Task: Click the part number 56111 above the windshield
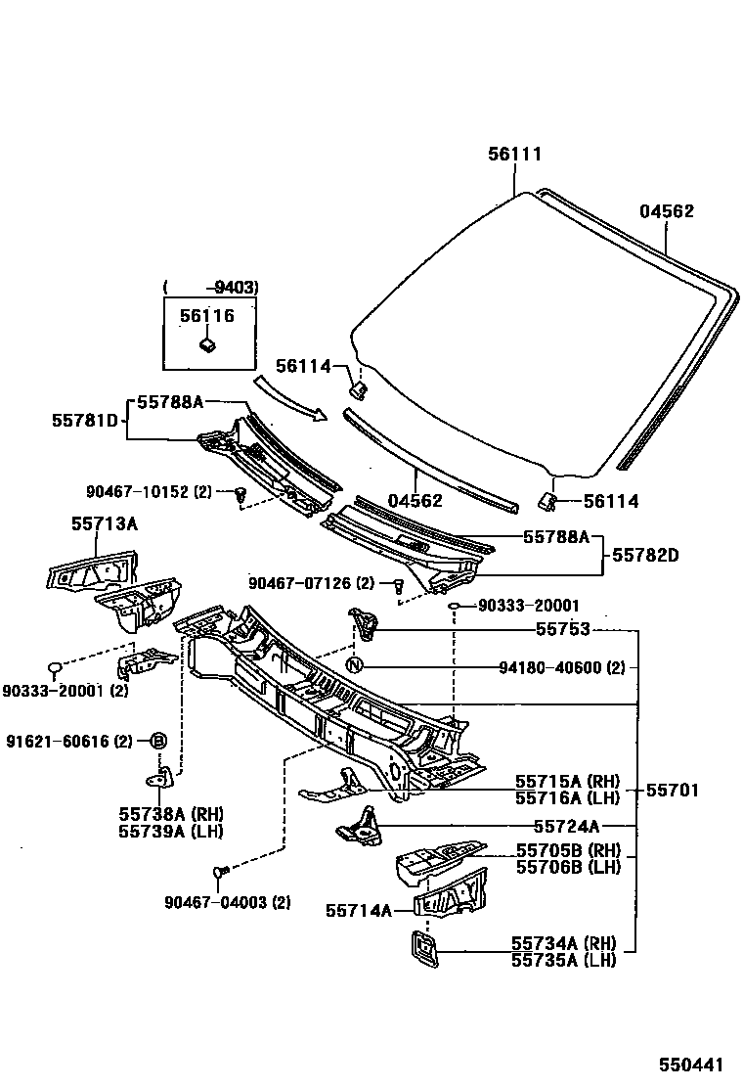click(514, 154)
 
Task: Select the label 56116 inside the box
click(206, 316)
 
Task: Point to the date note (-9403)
click(210, 288)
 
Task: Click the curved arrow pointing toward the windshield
click(288, 397)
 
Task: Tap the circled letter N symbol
click(356, 666)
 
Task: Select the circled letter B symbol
click(157, 741)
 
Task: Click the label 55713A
click(104, 524)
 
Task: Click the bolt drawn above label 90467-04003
click(220, 870)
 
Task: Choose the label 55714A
click(359, 911)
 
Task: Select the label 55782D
click(646, 555)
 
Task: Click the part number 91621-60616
click(67, 741)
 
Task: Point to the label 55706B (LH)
click(568, 867)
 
